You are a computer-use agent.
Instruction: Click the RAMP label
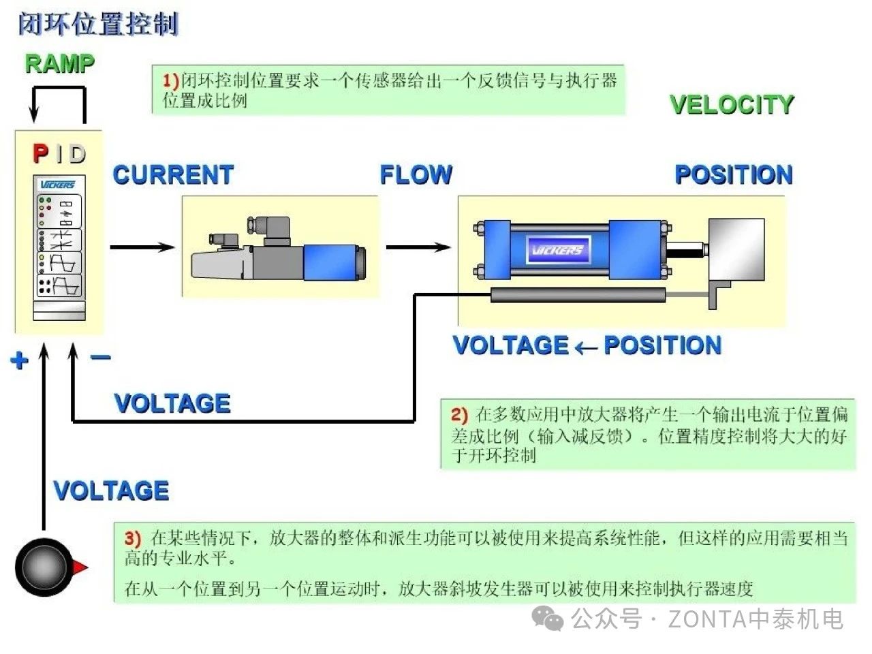click(59, 63)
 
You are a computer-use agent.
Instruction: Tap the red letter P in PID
click(41, 154)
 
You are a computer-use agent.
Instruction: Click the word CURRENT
click(173, 175)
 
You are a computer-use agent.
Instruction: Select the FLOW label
click(416, 175)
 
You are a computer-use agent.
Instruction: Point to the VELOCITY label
click(732, 105)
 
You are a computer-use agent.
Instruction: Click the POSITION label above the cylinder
click(734, 175)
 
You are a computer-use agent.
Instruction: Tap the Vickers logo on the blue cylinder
click(557, 250)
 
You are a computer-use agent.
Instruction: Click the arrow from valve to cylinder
click(418, 247)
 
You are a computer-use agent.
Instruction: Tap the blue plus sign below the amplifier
click(20, 360)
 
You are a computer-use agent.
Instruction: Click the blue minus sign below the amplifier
click(100, 357)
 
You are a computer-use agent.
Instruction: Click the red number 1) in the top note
click(170, 81)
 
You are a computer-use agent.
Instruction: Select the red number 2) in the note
click(459, 415)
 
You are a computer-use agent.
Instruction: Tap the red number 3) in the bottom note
click(133, 539)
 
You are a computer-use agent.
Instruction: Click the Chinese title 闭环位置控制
click(97, 25)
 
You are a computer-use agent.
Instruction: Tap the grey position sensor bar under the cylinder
click(578, 294)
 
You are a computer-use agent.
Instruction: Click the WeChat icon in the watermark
click(548, 618)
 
